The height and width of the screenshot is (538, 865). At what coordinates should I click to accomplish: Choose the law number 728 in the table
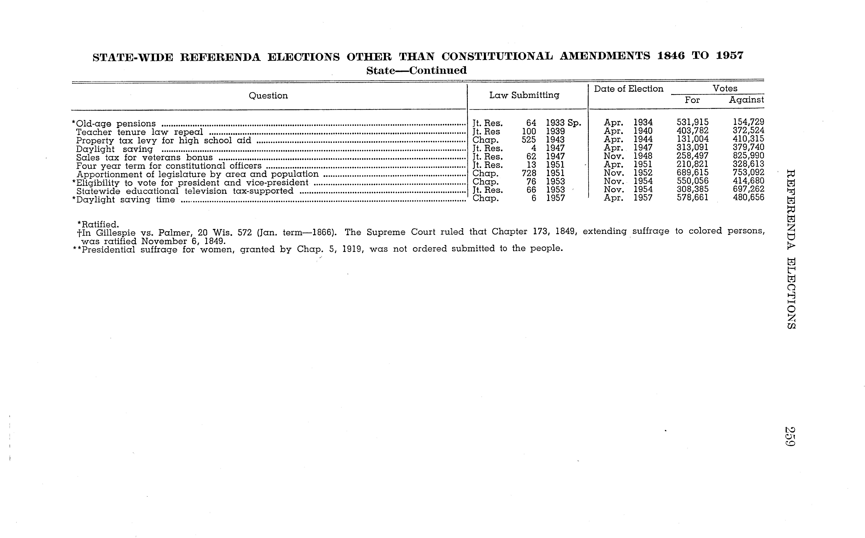coord(529,173)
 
